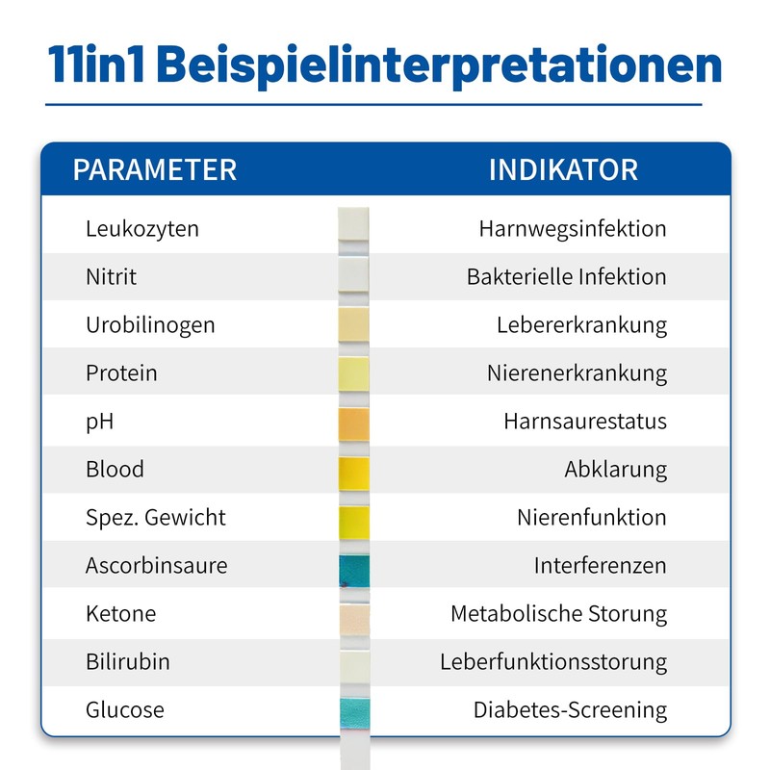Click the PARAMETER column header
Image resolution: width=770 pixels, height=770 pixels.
coord(155,170)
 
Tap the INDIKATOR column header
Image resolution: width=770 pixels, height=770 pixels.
coord(563,170)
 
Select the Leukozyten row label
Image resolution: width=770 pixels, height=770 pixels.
coord(142,229)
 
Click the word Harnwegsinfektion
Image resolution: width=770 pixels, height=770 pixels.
coord(573,229)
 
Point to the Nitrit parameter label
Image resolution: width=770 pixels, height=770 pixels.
coord(111,276)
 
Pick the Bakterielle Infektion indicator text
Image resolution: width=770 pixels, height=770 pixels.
coord(567,276)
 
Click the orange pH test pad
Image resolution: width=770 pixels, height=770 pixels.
coord(353,424)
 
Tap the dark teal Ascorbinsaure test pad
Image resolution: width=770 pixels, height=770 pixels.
coord(354,571)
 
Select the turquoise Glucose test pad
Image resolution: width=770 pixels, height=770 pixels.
coord(355,713)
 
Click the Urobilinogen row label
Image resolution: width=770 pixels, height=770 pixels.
coord(150,325)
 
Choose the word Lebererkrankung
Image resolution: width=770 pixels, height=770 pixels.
coord(582,325)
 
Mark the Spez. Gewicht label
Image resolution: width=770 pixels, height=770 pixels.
coord(156,518)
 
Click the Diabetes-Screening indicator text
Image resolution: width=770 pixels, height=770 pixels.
coord(570,710)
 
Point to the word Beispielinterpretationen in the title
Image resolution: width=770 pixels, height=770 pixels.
coord(439,66)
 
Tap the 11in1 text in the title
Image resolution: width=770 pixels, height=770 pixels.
coord(96,64)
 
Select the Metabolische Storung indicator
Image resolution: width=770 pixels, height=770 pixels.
coord(559,614)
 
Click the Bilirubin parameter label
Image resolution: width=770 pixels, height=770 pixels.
coord(128,661)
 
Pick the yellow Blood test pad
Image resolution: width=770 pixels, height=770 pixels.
coord(353,474)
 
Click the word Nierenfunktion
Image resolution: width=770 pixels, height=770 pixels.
coord(592,518)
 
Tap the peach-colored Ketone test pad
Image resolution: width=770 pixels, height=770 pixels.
coord(354,620)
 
